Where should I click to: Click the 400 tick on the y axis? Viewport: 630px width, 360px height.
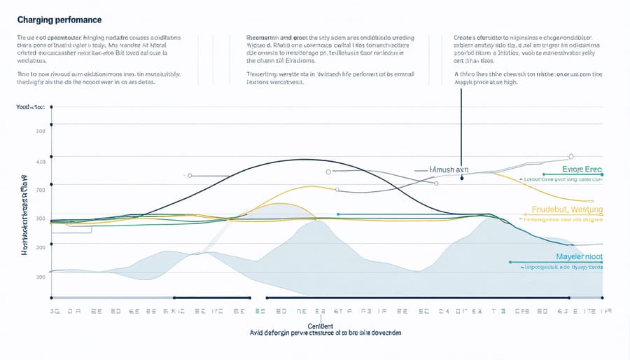[x=40, y=162]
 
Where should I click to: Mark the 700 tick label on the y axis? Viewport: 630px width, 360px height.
[x=40, y=190]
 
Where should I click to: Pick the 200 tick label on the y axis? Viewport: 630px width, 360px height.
[x=40, y=132]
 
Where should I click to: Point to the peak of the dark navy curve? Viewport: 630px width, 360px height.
[x=301, y=160]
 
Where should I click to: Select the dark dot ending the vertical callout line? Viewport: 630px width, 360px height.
[x=462, y=178]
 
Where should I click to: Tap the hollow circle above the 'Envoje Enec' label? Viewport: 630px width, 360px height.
[x=571, y=157]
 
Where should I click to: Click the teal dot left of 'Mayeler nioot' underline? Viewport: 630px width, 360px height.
[x=511, y=263]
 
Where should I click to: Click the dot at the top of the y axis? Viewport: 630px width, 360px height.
[x=51, y=107]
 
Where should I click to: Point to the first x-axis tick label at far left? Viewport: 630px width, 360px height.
[x=53, y=310]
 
